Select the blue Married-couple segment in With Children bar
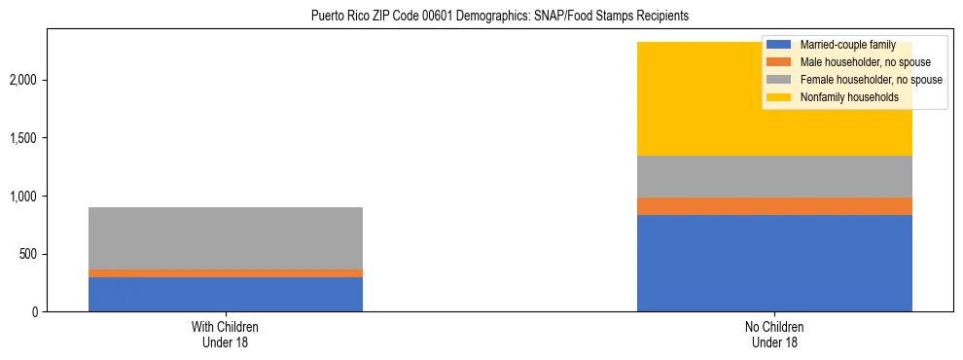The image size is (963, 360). click(x=226, y=294)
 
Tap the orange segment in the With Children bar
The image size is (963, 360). click(x=226, y=273)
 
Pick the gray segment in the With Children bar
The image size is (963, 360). click(x=226, y=238)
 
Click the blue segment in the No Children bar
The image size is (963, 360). click(x=774, y=263)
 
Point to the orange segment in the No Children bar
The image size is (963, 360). click(x=774, y=206)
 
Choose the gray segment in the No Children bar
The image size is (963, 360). click(x=774, y=176)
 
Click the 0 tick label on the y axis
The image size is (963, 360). click(x=36, y=312)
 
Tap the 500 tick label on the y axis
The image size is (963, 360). click(x=30, y=255)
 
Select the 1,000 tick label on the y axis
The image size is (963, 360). click(x=25, y=197)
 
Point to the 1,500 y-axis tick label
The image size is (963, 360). click(x=25, y=138)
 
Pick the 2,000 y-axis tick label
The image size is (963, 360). click(x=25, y=80)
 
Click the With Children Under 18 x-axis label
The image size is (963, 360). click(x=226, y=335)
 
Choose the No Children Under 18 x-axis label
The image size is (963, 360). click(x=774, y=335)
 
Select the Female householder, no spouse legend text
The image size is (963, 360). click(x=871, y=80)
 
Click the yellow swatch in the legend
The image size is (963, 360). click(x=779, y=97)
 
